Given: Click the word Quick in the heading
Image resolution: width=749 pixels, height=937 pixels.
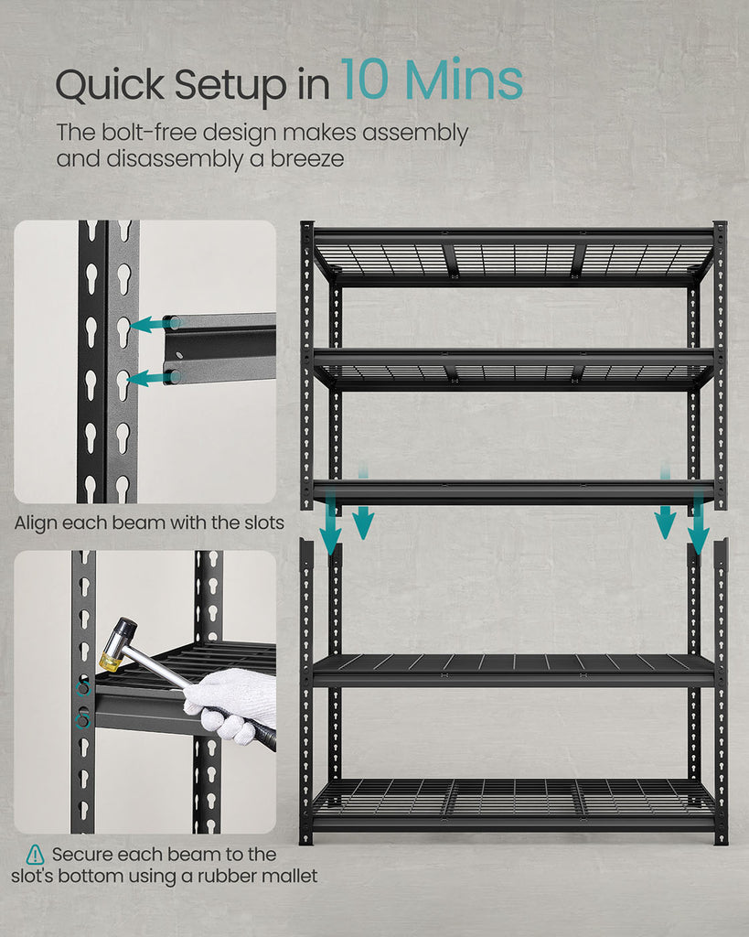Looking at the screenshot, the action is tap(110, 85).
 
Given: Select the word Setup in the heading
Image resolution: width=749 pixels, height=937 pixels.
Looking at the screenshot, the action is tap(231, 85).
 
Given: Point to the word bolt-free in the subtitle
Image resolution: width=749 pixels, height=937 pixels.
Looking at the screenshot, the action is tap(149, 133).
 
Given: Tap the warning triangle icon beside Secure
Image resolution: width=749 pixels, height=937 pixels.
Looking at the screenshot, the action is tap(36, 855).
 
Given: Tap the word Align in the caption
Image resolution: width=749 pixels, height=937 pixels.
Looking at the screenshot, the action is tap(36, 523).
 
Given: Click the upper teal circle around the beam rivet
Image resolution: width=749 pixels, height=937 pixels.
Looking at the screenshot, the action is tap(83, 689).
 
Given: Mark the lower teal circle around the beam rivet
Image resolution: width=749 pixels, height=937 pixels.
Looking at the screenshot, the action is tap(83, 721).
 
